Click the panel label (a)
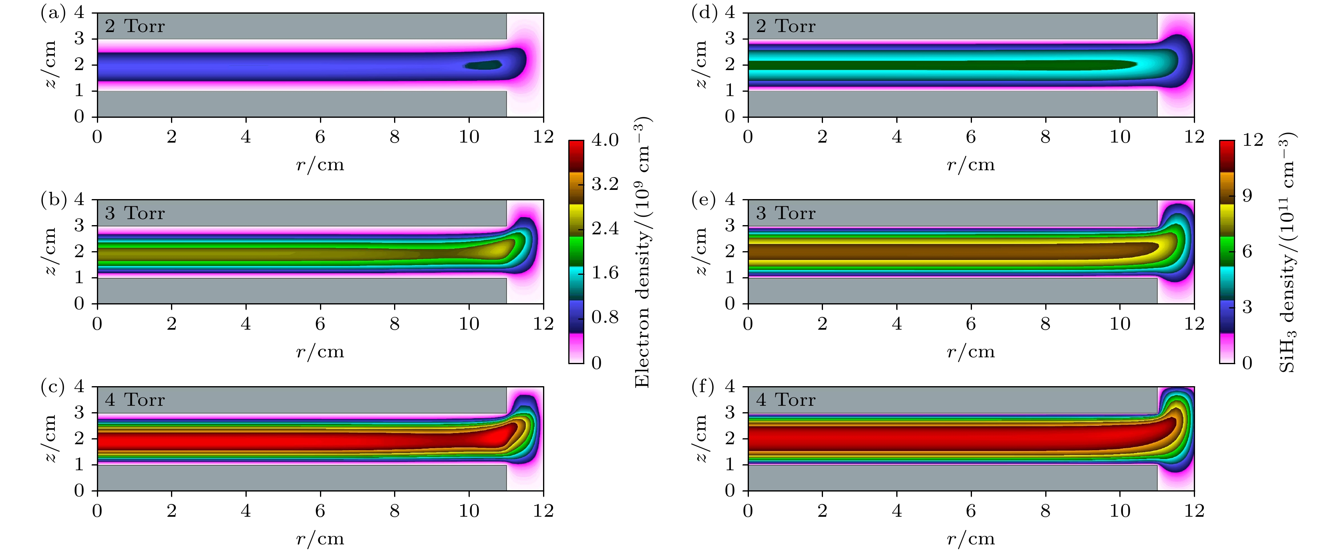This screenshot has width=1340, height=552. (x=52, y=13)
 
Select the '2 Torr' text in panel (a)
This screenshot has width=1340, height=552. (x=135, y=26)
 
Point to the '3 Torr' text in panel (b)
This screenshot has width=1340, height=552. (x=135, y=213)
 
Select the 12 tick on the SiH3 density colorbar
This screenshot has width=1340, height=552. (x=1253, y=140)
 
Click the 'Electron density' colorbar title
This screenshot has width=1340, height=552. (x=643, y=252)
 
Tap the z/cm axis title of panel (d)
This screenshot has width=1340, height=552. (x=702, y=64)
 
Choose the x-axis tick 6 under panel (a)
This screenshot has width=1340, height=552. (x=320, y=137)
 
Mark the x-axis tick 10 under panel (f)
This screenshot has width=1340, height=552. (x=1120, y=511)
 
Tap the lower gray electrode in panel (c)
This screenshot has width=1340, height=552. (x=302, y=477)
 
